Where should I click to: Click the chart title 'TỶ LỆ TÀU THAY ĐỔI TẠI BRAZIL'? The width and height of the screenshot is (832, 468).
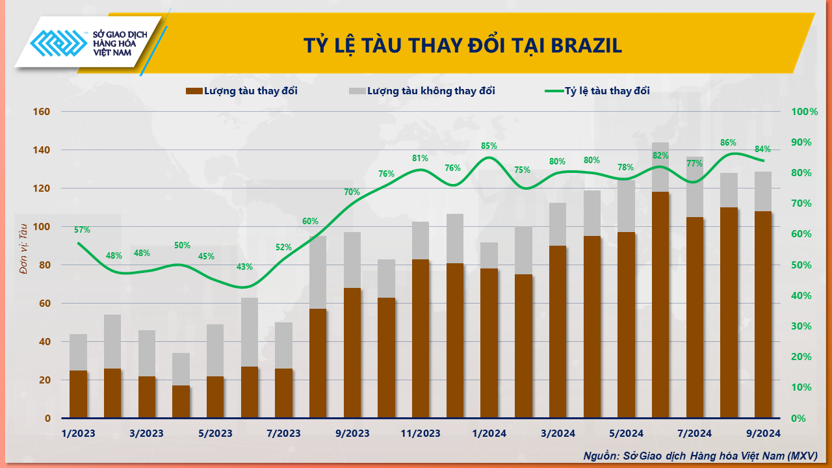[x=463, y=45]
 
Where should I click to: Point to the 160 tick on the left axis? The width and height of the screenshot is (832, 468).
[x=41, y=112]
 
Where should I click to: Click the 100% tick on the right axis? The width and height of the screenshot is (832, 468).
[x=804, y=112]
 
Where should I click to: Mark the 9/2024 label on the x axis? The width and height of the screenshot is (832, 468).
[x=762, y=434]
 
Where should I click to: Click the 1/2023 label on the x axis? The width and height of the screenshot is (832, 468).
[x=79, y=434]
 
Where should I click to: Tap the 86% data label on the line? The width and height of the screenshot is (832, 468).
[x=729, y=142]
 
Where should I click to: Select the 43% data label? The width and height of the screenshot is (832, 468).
[x=245, y=266]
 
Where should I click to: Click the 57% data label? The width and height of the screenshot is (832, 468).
[x=82, y=229]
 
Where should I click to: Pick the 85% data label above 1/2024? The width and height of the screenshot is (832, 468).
[x=489, y=146]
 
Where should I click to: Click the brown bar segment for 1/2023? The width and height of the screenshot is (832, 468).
[x=79, y=394]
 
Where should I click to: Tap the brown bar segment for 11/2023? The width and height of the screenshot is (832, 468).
[x=421, y=338]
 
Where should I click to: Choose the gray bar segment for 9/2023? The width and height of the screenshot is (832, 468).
[x=352, y=260]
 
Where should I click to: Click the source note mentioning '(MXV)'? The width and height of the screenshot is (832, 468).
[x=700, y=456]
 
